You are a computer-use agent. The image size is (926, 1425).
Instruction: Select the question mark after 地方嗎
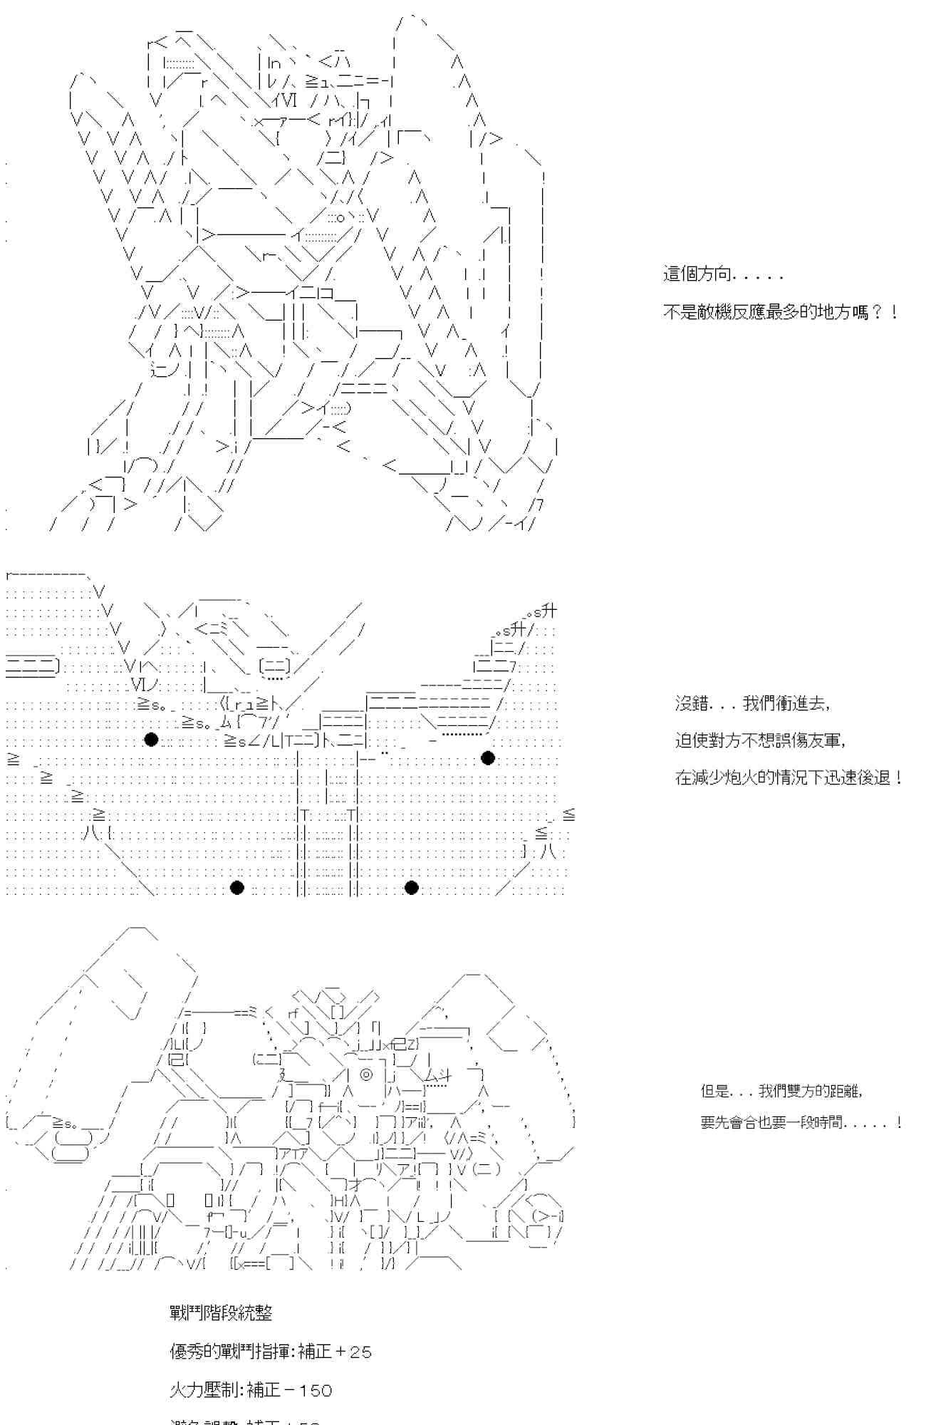pos(877,312)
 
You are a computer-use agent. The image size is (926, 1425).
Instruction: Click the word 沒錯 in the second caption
pos(692,703)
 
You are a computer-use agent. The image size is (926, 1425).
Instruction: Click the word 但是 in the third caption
pos(716,1091)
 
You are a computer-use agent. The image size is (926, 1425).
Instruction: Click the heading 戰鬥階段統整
pos(221,1313)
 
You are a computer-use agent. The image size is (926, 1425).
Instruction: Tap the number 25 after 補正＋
pos(361,1352)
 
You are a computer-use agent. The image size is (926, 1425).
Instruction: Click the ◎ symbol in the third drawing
pos(366,1075)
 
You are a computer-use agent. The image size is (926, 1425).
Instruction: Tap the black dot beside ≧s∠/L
pos(151,740)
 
